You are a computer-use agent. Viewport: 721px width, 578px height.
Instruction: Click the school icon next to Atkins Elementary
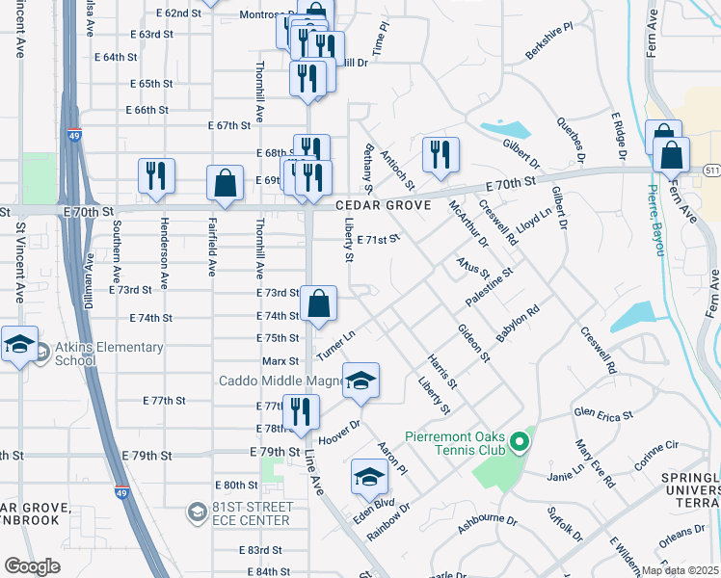pyautogui.click(x=18, y=345)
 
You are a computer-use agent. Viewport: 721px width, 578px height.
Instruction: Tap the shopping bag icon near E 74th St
pyautogui.click(x=318, y=304)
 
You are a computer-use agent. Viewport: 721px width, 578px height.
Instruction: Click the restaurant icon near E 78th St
pyautogui.click(x=301, y=411)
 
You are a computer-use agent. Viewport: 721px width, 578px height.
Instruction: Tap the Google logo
pyautogui.click(x=32, y=565)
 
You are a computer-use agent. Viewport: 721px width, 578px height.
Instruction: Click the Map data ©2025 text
pyautogui.click(x=680, y=570)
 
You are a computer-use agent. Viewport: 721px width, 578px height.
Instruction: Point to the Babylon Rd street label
pyautogui.click(x=518, y=325)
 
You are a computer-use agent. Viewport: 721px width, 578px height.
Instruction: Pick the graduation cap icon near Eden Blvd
pyautogui.click(x=369, y=476)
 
